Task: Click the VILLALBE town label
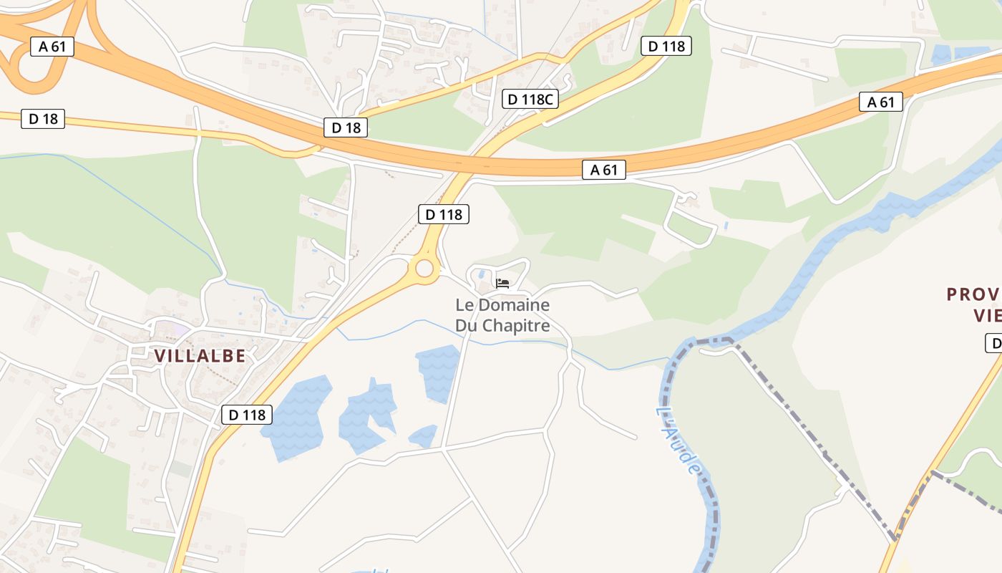[200, 355]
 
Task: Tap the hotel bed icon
[502, 284]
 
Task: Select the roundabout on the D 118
[424, 269]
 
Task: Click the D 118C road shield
[530, 99]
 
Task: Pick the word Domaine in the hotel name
[513, 305]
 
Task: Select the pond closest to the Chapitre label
[437, 372]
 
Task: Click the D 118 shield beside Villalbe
[247, 415]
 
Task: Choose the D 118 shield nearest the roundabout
[444, 213]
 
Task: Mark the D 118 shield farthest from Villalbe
[666, 47]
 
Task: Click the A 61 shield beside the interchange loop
[52, 47]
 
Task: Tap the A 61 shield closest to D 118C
[603, 170]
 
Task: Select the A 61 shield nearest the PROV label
[880, 102]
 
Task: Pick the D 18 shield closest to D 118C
[346, 127]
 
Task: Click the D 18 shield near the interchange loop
[43, 119]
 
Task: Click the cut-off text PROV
[973, 294]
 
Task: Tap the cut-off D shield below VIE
[994, 343]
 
